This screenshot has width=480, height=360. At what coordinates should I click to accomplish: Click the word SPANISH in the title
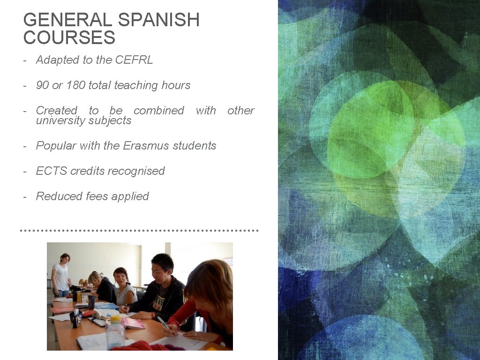pos(159,20)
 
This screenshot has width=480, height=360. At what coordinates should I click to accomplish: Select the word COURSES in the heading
pos(69,38)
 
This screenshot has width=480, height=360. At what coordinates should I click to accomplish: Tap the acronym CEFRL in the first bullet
pos(134,60)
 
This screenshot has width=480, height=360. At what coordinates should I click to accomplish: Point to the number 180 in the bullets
pos(76,85)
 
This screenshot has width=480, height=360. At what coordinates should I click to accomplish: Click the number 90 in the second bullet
pos(42,85)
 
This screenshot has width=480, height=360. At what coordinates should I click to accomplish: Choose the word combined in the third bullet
pos(158,111)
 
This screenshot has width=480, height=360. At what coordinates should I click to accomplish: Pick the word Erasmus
pos(146,146)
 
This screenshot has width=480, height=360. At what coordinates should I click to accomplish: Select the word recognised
pos(142,171)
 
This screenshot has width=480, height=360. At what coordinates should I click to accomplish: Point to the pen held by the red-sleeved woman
pos(164,323)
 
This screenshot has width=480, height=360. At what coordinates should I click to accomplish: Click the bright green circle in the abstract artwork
pos(370,127)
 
